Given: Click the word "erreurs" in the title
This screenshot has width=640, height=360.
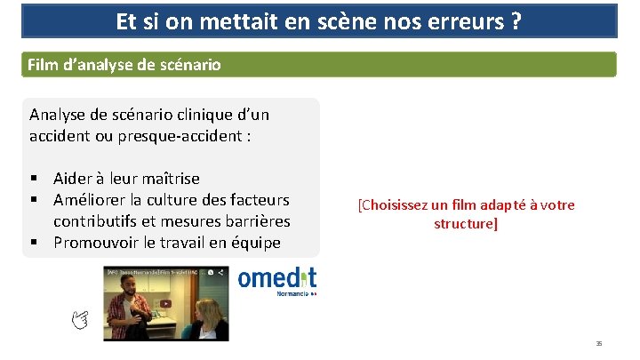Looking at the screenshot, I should coord(464,20).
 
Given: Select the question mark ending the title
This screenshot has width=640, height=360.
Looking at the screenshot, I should coord(516,20).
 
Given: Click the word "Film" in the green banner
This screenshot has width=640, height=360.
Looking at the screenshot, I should coord(43,65).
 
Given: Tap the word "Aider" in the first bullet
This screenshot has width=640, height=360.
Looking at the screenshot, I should coord(72,179).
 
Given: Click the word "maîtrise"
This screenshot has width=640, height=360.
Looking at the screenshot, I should coord(166,179).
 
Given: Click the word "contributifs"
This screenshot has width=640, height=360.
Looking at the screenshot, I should coord(98,220).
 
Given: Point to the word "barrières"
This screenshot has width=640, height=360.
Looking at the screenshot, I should coord(259,220).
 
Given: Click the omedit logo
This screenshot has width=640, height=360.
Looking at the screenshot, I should coord(276,281).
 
